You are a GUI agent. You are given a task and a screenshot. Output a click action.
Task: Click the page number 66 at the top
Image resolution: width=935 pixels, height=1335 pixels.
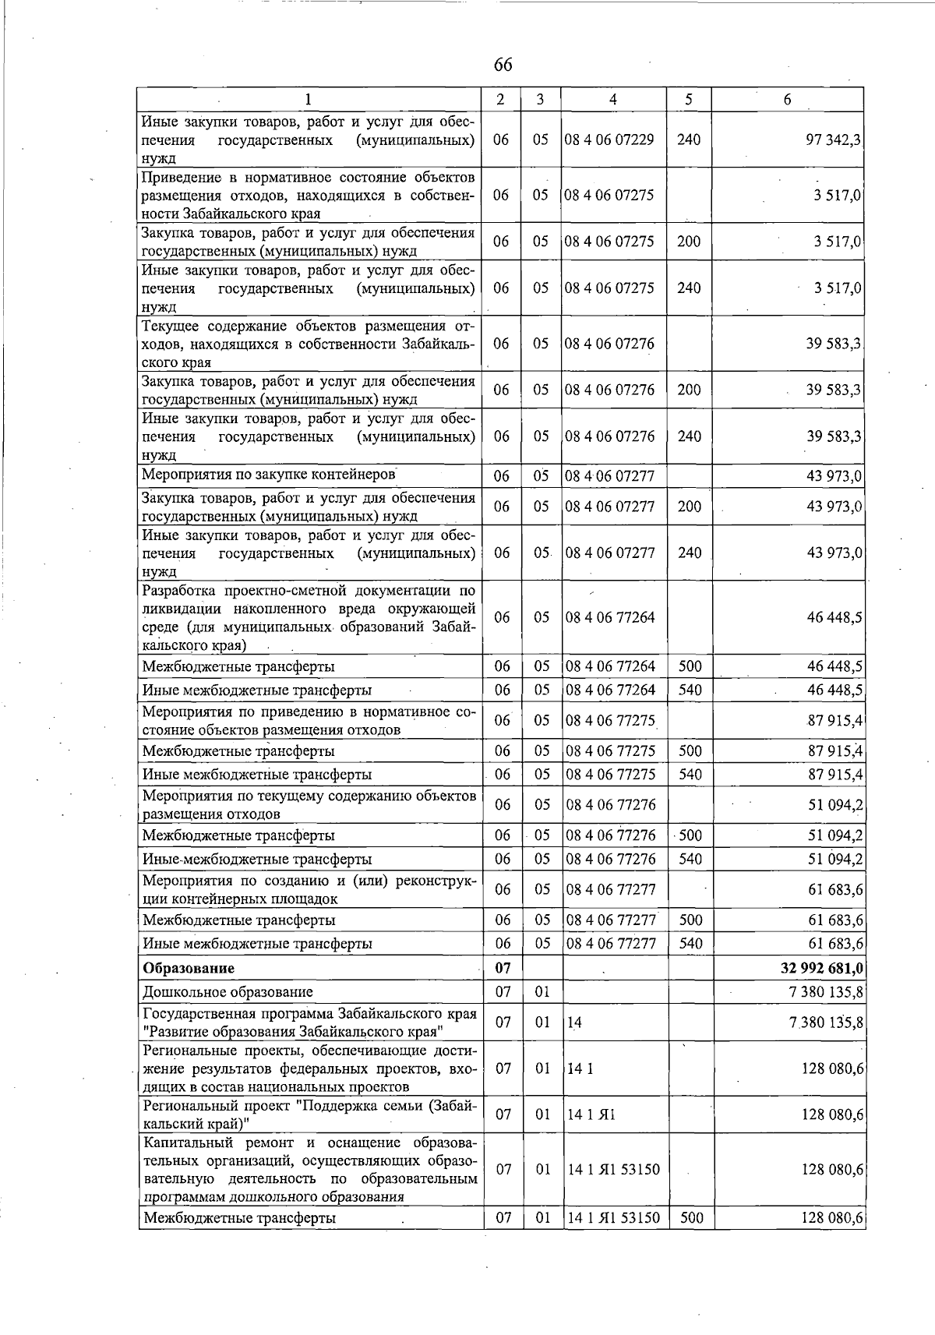click(503, 65)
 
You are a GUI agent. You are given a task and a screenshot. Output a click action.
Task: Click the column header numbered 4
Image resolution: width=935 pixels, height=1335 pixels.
click(613, 100)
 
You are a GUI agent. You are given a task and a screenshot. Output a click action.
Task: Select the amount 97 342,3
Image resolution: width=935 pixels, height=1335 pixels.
click(833, 140)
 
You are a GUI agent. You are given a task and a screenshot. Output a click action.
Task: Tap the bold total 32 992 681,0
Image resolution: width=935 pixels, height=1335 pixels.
click(821, 969)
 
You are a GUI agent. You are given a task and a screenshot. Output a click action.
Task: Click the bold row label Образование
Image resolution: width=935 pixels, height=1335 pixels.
click(188, 969)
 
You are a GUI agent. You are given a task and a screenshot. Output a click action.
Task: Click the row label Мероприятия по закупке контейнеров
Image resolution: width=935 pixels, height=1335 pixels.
click(269, 475)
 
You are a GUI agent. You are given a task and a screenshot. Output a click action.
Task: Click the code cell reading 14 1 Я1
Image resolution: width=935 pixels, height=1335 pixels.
click(591, 1114)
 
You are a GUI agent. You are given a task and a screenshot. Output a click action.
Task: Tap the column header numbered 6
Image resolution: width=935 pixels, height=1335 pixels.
click(788, 100)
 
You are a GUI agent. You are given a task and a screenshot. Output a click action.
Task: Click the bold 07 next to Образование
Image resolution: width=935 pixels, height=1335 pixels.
click(503, 969)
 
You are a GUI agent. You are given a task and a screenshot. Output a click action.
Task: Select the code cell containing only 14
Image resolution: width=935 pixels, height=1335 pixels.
click(575, 1022)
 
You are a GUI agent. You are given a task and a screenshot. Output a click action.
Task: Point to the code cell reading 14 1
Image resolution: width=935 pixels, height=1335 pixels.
click(580, 1068)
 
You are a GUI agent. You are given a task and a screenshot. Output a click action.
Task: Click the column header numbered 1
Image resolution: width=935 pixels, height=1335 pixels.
click(309, 100)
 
